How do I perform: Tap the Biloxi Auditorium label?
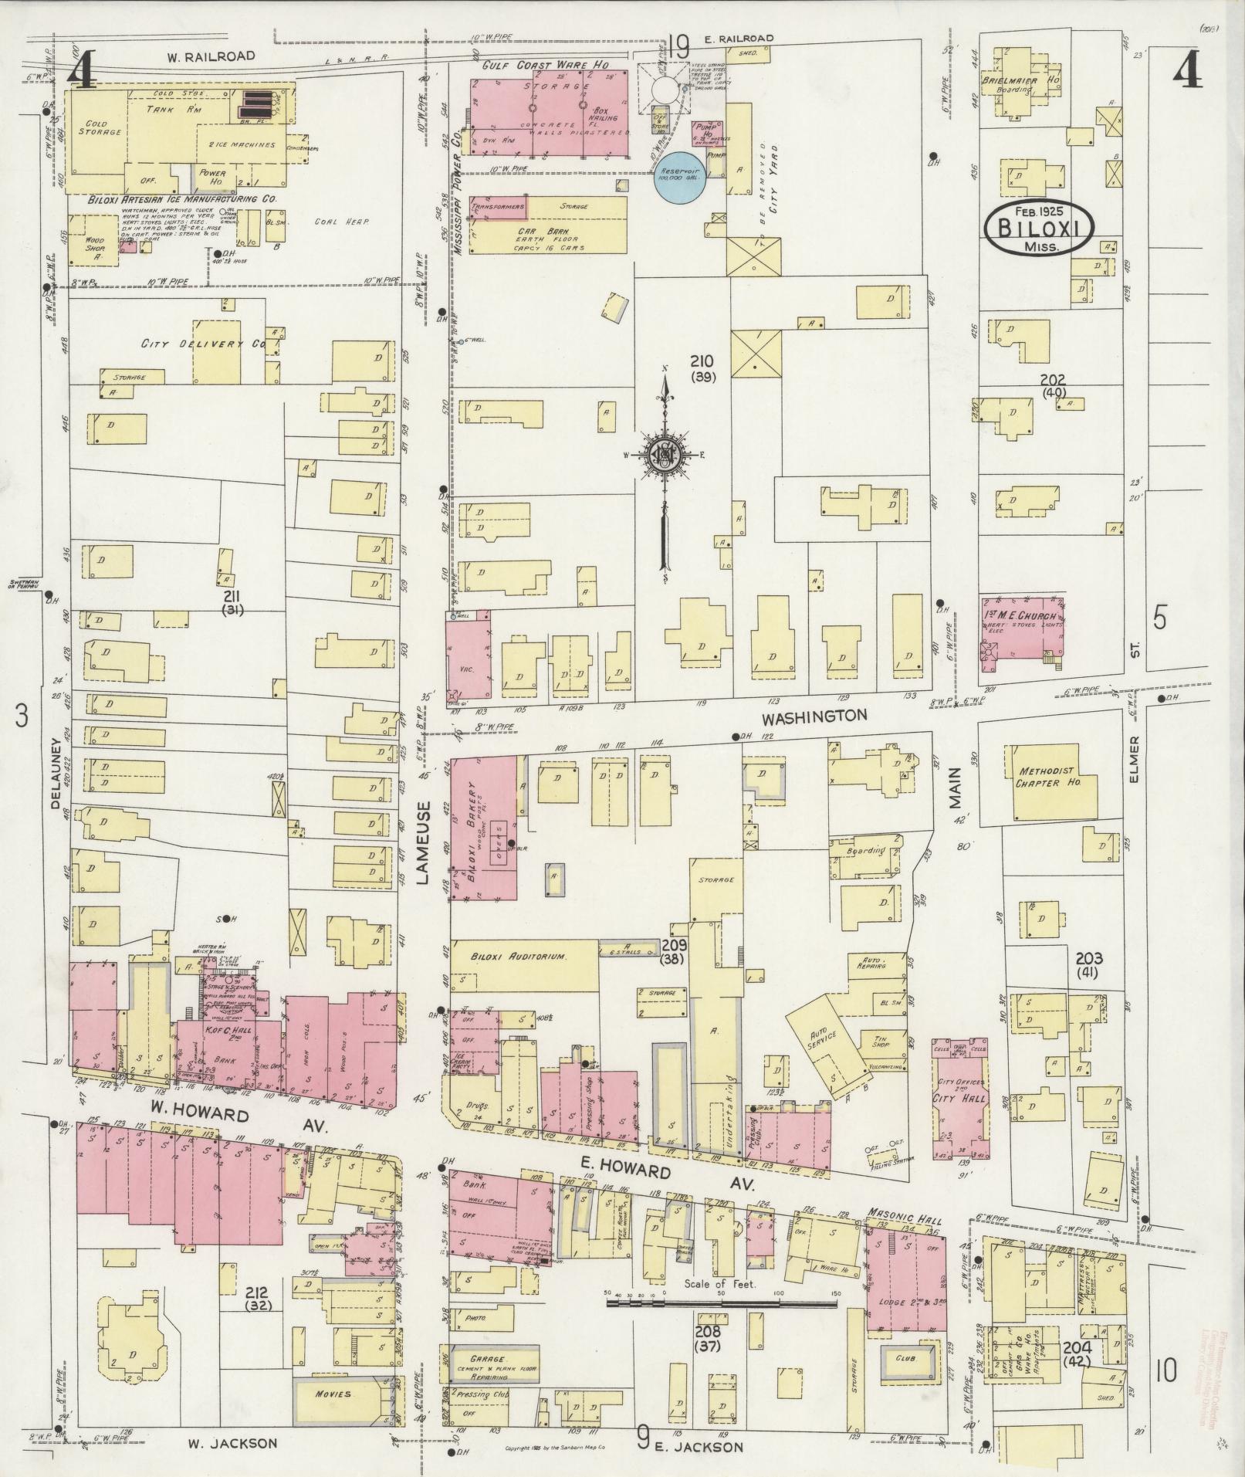click(519, 956)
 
